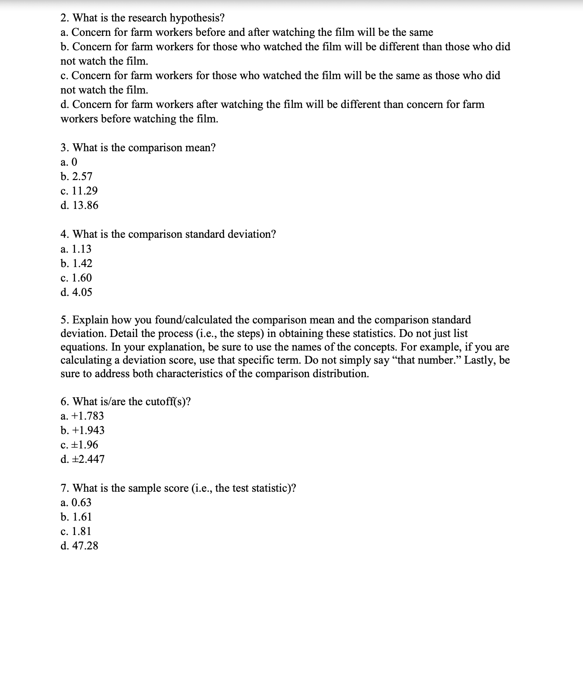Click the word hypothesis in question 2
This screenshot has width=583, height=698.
click(x=197, y=18)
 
